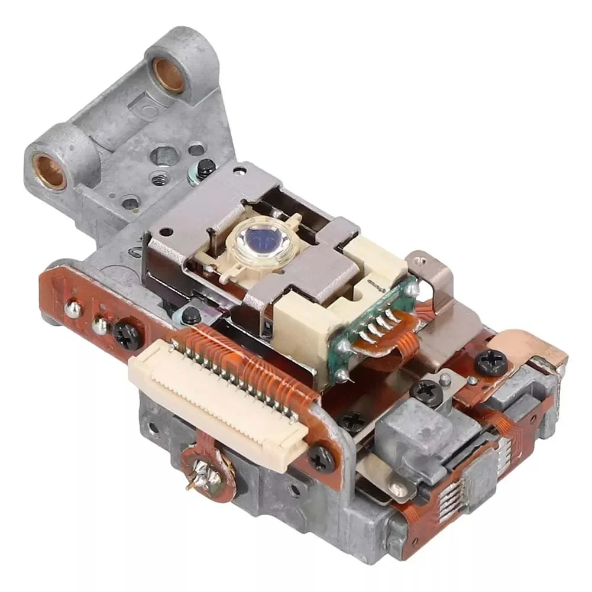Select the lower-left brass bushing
[49, 171]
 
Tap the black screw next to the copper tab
[490, 361]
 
